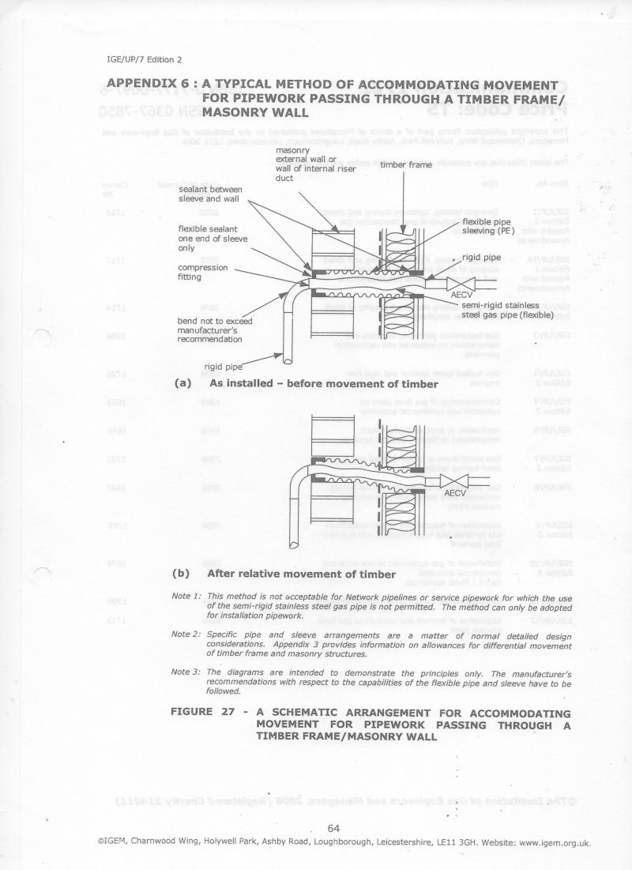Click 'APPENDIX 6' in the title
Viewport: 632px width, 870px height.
(151, 85)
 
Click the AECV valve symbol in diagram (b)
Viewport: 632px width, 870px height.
(455, 481)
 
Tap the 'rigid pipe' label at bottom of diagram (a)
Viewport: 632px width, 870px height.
(224, 366)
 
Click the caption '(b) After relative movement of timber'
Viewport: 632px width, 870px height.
(300, 574)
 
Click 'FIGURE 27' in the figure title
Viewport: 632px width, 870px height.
(203, 713)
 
